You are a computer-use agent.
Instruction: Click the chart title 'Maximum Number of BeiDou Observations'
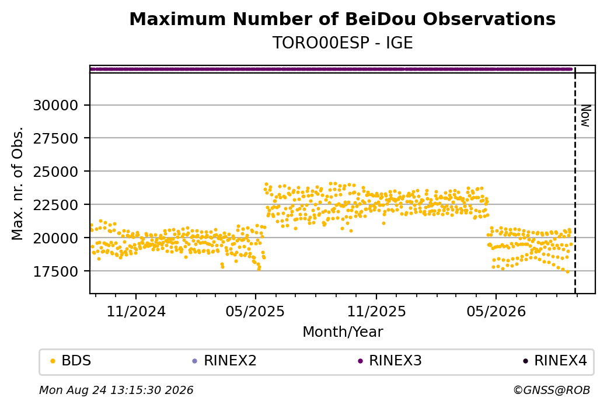point(342,19)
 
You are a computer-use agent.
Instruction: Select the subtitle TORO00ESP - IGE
point(343,43)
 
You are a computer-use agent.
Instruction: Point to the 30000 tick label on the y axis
point(55,105)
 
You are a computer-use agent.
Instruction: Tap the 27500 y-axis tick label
point(55,138)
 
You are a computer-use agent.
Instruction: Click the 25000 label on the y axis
point(55,172)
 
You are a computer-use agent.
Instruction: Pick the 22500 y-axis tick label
point(55,205)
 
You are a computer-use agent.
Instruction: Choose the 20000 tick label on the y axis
point(55,238)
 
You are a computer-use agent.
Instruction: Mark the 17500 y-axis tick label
point(55,271)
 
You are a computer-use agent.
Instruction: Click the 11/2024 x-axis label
point(136,311)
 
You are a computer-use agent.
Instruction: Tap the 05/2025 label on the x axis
point(255,311)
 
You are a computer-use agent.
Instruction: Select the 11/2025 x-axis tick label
point(376,311)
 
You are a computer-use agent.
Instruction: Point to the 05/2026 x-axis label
point(496,311)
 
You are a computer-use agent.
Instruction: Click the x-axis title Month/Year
point(343,332)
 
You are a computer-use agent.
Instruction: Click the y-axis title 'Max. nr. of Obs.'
point(18,183)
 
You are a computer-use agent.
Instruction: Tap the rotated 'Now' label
point(585,116)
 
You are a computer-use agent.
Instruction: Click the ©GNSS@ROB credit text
point(552,390)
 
